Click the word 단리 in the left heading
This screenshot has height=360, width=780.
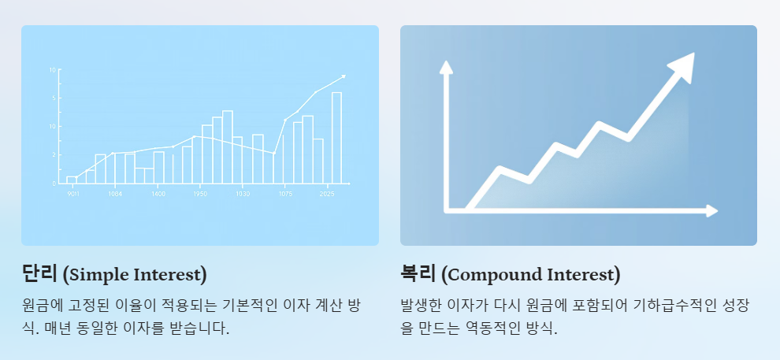click(x=39, y=274)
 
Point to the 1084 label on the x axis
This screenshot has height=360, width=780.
click(x=115, y=194)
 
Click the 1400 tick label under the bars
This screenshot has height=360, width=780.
click(x=158, y=194)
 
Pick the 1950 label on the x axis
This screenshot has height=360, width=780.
click(x=200, y=194)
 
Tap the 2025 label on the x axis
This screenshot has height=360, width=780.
click(x=326, y=194)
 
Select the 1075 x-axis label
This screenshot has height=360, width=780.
click(x=285, y=194)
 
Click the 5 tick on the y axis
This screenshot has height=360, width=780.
click(x=53, y=98)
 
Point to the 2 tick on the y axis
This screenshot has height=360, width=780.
click(x=53, y=155)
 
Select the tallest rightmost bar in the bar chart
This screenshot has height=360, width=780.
click(x=336, y=137)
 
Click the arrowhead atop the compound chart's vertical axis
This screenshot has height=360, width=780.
click(x=447, y=67)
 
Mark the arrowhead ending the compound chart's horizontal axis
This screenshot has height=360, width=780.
click(x=711, y=210)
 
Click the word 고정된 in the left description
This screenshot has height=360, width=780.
click(x=104, y=305)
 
